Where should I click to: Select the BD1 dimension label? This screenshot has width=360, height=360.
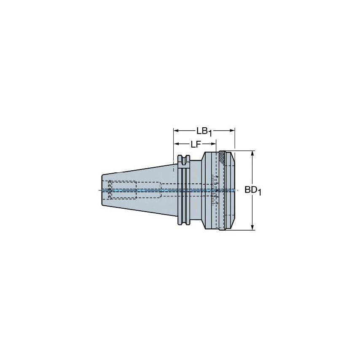(x=253, y=191)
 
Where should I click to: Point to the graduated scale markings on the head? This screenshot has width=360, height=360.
(x=214, y=190)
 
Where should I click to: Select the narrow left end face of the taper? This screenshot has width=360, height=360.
(x=102, y=190)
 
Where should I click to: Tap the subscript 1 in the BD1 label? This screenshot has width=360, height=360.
(x=260, y=193)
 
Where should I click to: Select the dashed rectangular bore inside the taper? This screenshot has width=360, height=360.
(x=124, y=190)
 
